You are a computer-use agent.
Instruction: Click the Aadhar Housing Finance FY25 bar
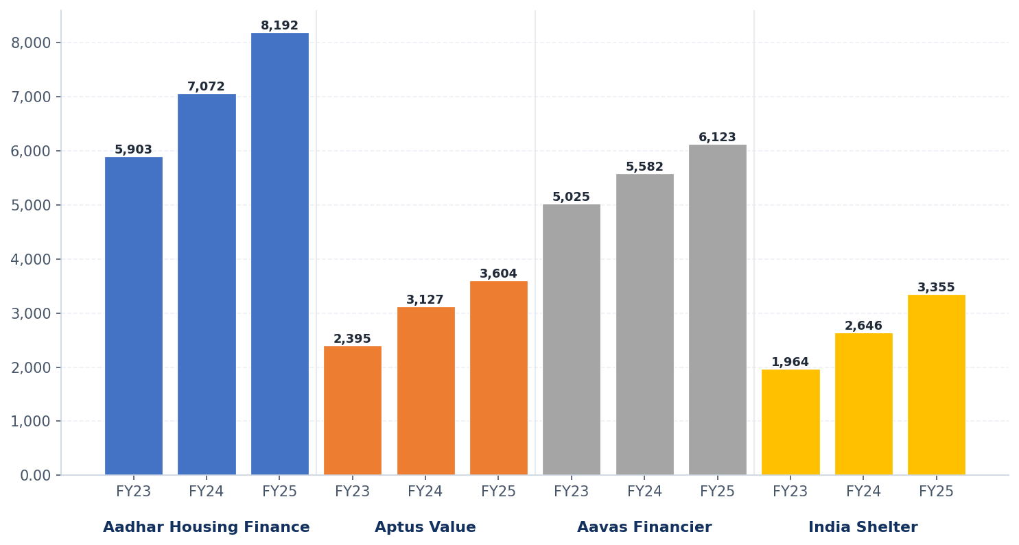click(279, 254)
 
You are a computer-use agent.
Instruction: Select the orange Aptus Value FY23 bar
click(353, 411)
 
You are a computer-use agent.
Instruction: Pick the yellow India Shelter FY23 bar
click(790, 422)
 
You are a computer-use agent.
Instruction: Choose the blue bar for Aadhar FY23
click(134, 316)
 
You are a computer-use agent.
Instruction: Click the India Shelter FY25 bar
click(936, 385)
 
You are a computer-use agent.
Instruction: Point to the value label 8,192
click(279, 26)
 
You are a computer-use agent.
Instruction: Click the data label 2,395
click(352, 339)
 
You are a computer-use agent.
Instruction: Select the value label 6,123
click(717, 138)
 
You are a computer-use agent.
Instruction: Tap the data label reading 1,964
click(790, 363)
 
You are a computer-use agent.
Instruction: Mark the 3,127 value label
click(425, 300)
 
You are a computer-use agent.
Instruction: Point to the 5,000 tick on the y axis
click(31, 205)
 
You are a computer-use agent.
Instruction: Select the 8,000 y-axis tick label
click(31, 43)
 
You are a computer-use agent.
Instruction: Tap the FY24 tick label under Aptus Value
click(425, 492)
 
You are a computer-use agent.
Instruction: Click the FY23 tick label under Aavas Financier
click(572, 492)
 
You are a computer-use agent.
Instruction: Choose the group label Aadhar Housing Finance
click(207, 528)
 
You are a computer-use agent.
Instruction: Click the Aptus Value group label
click(425, 528)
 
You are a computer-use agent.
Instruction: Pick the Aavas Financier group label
click(644, 528)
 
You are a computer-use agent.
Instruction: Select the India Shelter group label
click(863, 528)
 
